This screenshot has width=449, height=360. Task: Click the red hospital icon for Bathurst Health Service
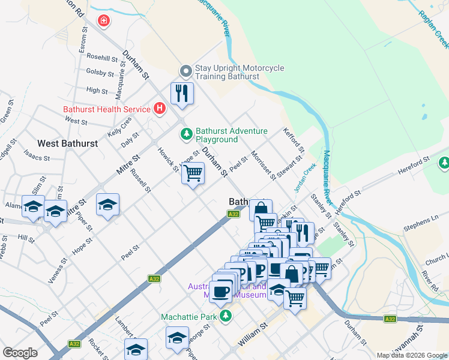pyautogui.click(x=159, y=109)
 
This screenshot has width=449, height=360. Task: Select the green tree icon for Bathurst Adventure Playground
pyautogui.click(x=187, y=133)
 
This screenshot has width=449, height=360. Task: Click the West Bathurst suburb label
pyautogui.click(x=67, y=143)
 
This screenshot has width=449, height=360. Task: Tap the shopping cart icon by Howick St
pyautogui.click(x=193, y=174)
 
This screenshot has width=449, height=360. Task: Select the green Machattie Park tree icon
pyautogui.click(x=225, y=316)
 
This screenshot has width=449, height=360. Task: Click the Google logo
pyautogui.click(x=20, y=352)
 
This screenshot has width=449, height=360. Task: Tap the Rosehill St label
pyautogui.click(x=102, y=58)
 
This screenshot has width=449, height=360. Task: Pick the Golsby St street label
pyautogui.click(x=100, y=73)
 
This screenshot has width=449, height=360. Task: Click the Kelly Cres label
pyautogui.click(x=119, y=127)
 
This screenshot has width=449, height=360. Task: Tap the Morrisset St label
pyautogui.click(x=264, y=166)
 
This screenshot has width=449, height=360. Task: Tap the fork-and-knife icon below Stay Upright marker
pyautogui.click(x=181, y=93)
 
